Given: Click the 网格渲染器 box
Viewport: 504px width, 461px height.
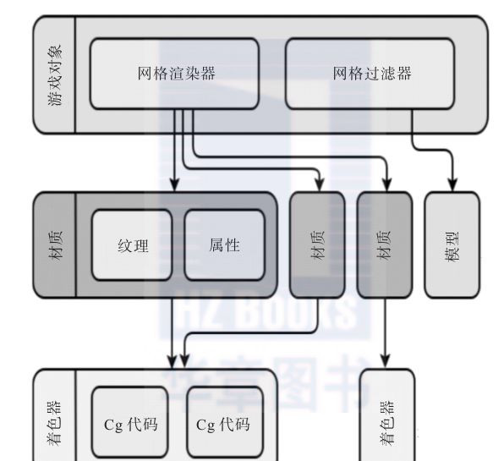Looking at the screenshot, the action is (174, 74).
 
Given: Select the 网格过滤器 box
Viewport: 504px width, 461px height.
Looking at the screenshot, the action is (370, 74).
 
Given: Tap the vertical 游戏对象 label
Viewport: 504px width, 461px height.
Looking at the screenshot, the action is (54, 74).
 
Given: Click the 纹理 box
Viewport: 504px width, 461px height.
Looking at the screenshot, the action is (132, 245).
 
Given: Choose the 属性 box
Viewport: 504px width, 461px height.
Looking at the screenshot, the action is (224, 245).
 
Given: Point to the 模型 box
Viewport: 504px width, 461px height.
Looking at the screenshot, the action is (452, 245).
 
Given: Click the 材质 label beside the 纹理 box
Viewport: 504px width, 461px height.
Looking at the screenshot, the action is (55, 245).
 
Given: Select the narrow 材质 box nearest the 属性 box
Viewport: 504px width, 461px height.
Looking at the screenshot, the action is (317, 245).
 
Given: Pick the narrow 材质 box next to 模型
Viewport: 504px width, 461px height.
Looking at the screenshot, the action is (385, 245).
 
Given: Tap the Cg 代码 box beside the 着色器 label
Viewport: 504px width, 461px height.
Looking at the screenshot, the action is (130, 422).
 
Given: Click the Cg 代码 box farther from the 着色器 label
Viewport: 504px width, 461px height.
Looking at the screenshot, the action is (225, 422).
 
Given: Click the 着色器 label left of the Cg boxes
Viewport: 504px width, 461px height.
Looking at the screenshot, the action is (54, 423).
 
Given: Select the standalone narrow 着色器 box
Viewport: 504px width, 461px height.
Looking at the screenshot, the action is (387, 415).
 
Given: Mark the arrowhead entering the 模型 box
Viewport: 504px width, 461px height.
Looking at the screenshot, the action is (452, 185).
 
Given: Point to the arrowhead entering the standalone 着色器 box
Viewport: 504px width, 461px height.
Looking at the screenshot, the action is (386, 362).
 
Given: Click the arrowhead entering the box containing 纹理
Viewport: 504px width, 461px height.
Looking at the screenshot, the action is (174, 185).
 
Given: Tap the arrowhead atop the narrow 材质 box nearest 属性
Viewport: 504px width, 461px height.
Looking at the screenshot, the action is (319, 185).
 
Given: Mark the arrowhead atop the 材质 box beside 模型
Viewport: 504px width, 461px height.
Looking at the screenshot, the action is (387, 185).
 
